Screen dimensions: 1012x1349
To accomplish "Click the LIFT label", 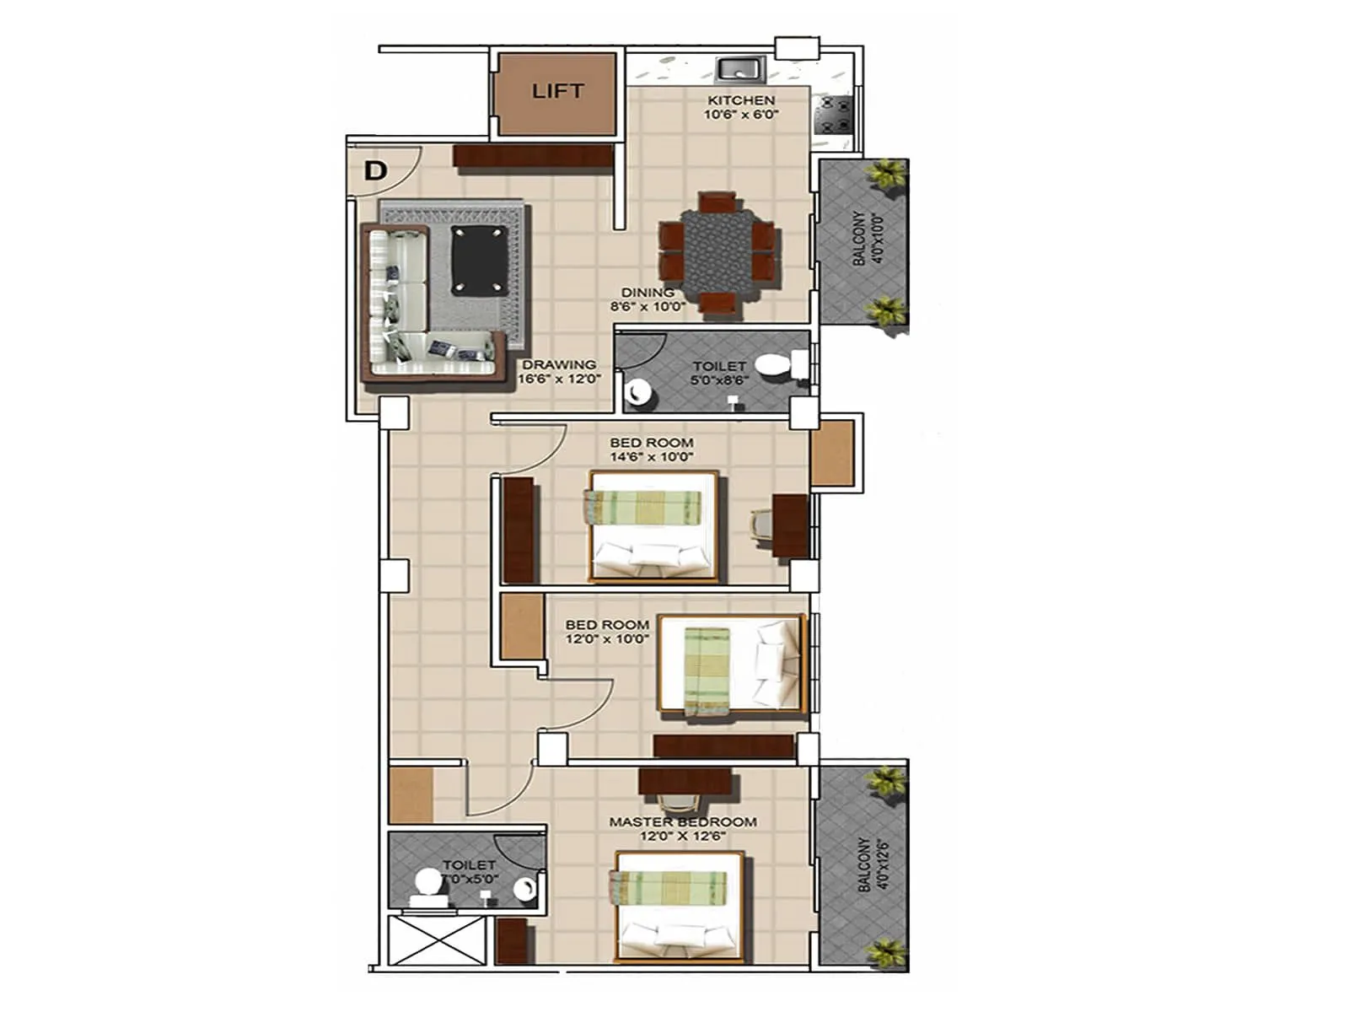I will (557, 91).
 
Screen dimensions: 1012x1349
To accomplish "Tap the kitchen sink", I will (740, 68).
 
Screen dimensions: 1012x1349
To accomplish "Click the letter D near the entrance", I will (375, 171).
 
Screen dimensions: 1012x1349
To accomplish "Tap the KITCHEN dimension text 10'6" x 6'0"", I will (741, 114).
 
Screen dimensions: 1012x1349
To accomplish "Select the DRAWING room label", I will (559, 364).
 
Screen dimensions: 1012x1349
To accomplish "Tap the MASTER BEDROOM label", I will (683, 821).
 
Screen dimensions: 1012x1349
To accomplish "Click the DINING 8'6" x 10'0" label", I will (648, 299).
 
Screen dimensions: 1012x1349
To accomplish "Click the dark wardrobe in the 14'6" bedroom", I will (518, 530).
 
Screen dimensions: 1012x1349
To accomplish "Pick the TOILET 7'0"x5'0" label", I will (469, 871).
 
